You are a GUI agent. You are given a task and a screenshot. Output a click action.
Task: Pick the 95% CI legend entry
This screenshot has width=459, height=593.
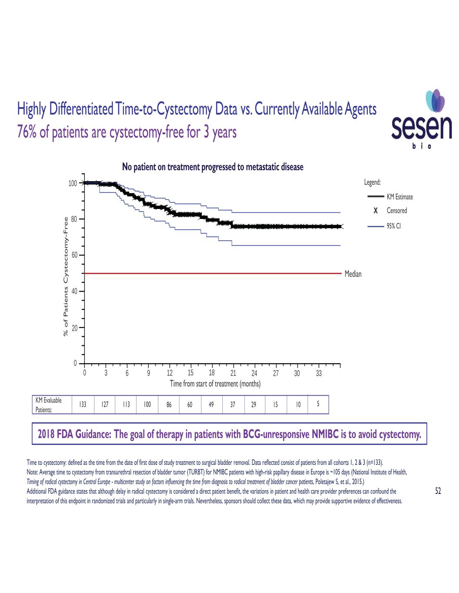click(390, 226)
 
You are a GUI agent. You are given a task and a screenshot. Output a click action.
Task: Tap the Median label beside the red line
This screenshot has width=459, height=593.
click(353, 274)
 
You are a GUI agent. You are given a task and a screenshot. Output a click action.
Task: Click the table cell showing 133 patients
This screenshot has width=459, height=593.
click(83, 404)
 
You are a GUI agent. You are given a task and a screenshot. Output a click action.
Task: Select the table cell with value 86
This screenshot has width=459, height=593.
click(169, 404)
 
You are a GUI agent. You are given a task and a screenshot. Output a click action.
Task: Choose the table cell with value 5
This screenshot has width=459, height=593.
click(318, 404)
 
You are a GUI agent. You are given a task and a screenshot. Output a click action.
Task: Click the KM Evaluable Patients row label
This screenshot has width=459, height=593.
click(48, 404)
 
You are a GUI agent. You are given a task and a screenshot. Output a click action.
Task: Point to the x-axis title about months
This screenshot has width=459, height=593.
click(215, 384)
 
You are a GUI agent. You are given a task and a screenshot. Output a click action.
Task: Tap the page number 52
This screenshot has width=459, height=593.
click(438, 491)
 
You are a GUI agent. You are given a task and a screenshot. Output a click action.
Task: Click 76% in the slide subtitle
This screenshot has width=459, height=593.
click(27, 132)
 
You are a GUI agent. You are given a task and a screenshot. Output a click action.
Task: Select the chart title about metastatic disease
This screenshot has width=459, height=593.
click(213, 167)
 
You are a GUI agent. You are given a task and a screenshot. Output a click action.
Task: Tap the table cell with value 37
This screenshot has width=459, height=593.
click(233, 404)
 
